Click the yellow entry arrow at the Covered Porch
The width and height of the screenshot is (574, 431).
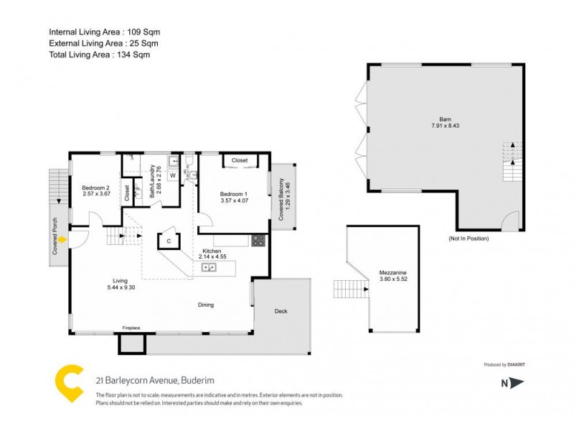[63, 239]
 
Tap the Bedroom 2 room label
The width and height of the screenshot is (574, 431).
[95, 190]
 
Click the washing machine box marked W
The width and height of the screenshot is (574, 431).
[173, 175]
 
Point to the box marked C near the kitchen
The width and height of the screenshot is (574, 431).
[169, 241]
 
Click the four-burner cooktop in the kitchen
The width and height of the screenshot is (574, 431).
[258, 241]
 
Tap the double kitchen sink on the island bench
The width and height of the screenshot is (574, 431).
[210, 267]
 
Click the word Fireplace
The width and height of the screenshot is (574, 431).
[131, 328]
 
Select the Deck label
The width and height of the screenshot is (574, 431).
[281, 311]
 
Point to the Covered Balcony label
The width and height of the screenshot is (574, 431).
[281, 198]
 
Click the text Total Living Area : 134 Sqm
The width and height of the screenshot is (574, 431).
[99, 54]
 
